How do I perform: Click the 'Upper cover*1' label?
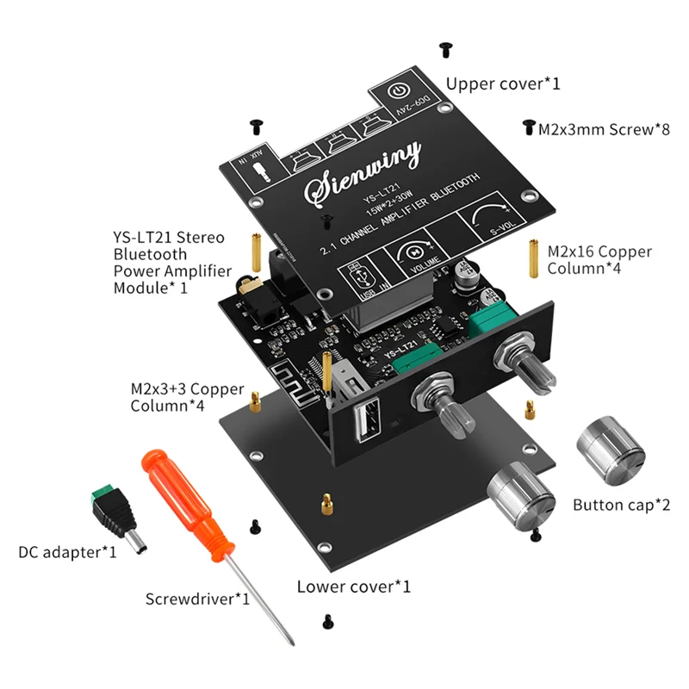point(503,84)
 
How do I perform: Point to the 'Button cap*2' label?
point(621,505)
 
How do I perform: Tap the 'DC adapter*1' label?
point(67,552)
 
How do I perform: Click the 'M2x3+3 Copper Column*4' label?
point(187,397)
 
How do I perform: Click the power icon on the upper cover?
point(398,92)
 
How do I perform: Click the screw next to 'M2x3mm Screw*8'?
point(527,128)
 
